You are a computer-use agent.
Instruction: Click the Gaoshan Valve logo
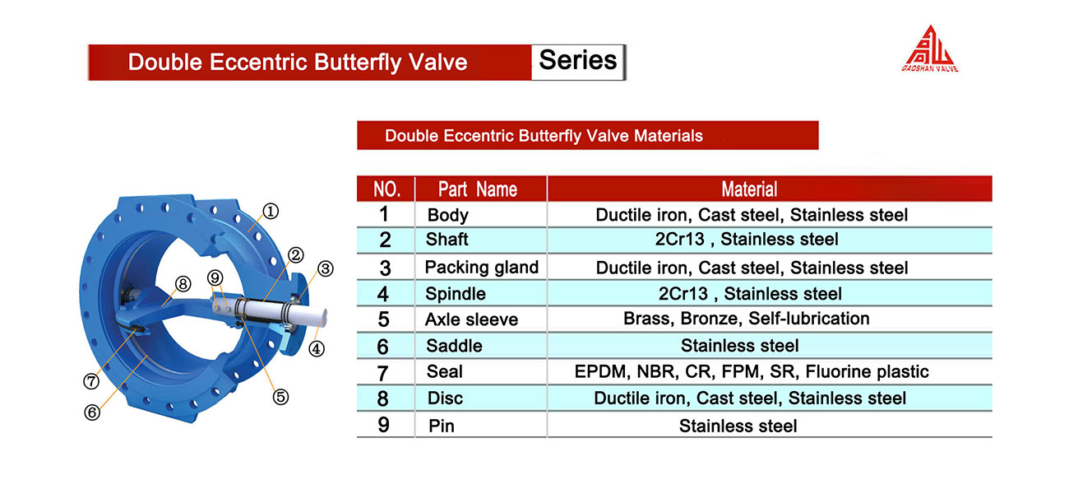tap(930, 49)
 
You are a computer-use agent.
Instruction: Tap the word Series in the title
tap(577, 61)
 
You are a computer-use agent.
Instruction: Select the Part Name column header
tap(478, 189)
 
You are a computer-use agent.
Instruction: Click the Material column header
tap(749, 189)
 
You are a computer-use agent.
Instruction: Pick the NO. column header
tap(386, 189)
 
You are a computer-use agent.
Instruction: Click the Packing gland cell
tap(482, 267)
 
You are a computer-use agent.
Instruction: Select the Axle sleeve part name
tap(471, 319)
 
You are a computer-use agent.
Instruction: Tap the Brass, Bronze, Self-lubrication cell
tap(747, 318)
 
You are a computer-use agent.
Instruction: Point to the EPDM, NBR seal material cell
tap(752, 371)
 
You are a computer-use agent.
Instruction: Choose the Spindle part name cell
tap(456, 294)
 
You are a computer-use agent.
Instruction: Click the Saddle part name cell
tap(454, 346)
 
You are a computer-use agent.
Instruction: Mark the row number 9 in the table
tap(383, 425)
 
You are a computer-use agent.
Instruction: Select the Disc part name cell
tap(445, 398)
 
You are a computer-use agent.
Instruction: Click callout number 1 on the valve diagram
tap(271, 211)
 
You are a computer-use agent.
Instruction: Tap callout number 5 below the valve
tap(280, 397)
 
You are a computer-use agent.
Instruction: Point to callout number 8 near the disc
tap(183, 284)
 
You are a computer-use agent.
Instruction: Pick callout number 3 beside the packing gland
tap(326, 268)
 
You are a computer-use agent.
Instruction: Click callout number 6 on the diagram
tap(92, 412)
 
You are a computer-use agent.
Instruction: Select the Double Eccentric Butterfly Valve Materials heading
tap(544, 136)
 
